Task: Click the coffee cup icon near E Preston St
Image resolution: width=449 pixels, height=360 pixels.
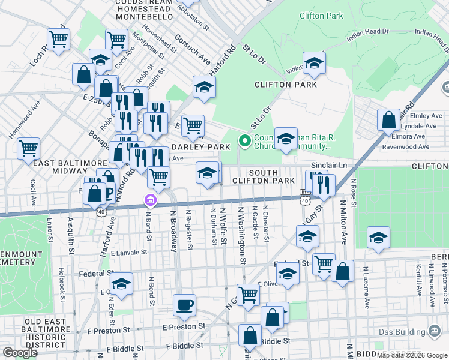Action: pyautogui.click(x=184, y=305)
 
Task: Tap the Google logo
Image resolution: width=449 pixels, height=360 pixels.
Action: pyautogui.click(x=20, y=353)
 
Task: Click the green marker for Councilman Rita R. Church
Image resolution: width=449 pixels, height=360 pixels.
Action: pyautogui.click(x=244, y=141)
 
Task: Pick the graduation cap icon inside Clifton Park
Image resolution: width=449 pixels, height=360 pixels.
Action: pyautogui.click(x=314, y=63)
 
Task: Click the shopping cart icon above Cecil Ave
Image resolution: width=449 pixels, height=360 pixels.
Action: pyautogui.click(x=29, y=148)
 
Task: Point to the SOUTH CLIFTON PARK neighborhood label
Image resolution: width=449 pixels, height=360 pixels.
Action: pyautogui.click(x=272, y=176)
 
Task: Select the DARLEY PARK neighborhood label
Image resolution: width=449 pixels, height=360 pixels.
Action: pyautogui.click(x=200, y=147)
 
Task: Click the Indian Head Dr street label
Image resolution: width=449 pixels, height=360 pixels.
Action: pyautogui.click(x=367, y=38)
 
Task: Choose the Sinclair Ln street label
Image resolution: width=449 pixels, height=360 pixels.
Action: pyautogui.click(x=329, y=164)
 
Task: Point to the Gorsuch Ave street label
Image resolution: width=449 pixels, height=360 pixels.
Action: pyautogui.click(x=191, y=49)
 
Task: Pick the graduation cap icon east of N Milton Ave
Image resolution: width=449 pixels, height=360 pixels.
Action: pyautogui.click(x=378, y=238)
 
